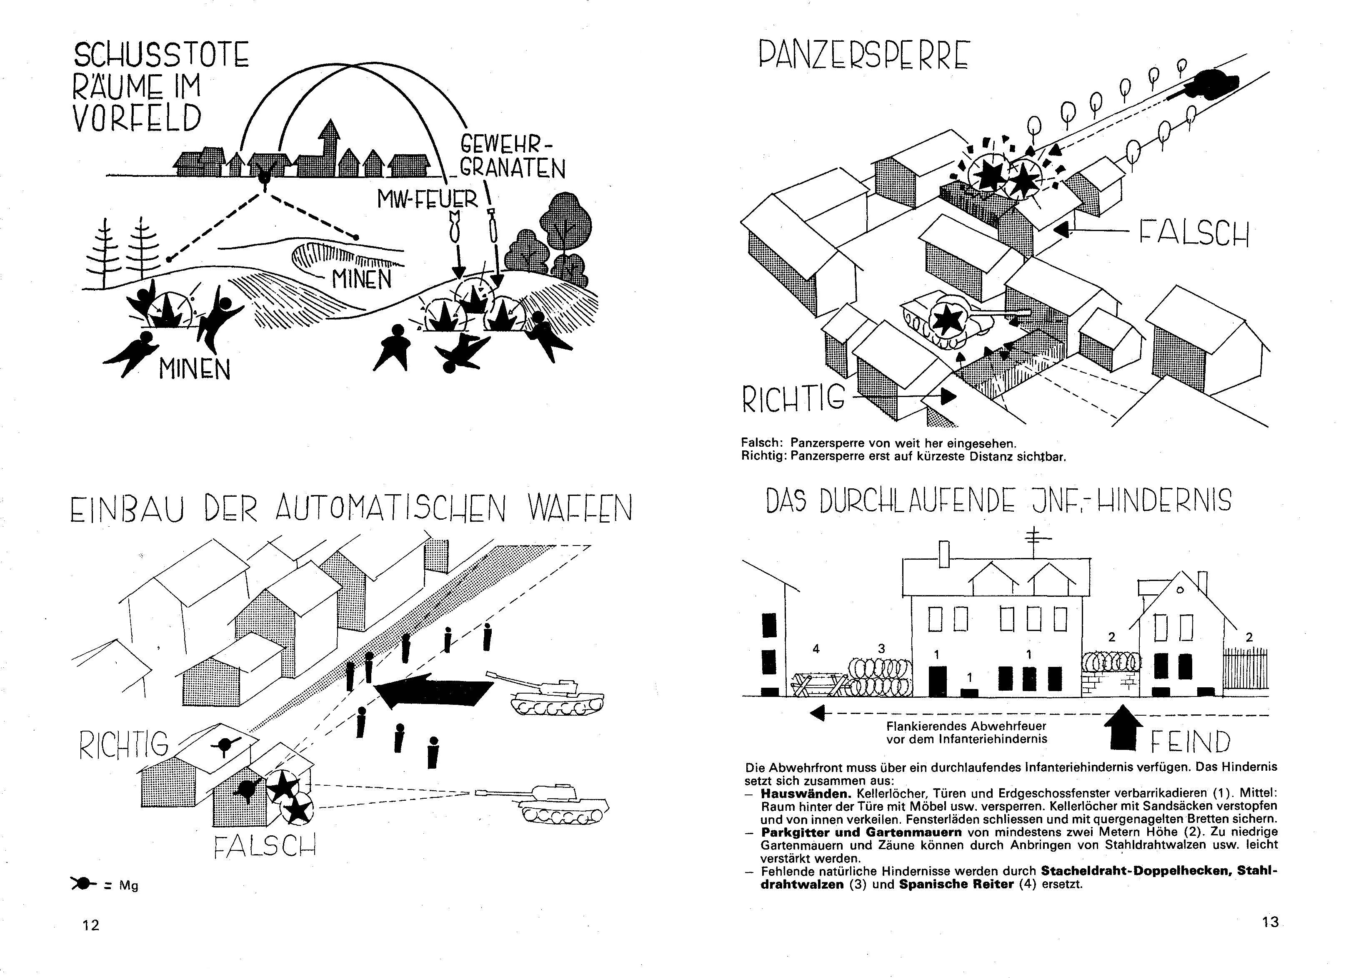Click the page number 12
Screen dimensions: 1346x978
(x=91, y=925)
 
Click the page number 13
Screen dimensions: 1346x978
(x=1270, y=922)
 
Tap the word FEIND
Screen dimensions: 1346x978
(x=1191, y=742)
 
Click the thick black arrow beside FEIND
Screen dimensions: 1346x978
(x=1122, y=728)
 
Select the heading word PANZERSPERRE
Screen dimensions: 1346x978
(x=864, y=56)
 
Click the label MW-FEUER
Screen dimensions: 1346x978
(x=427, y=199)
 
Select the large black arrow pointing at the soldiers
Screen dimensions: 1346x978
(x=434, y=691)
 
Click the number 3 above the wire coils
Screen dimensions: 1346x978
(x=881, y=649)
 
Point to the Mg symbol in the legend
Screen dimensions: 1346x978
(x=84, y=884)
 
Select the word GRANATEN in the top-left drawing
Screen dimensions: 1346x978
(x=513, y=168)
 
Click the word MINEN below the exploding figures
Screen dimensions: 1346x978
(x=194, y=370)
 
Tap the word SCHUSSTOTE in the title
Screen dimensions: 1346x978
(x=161, y=55)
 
